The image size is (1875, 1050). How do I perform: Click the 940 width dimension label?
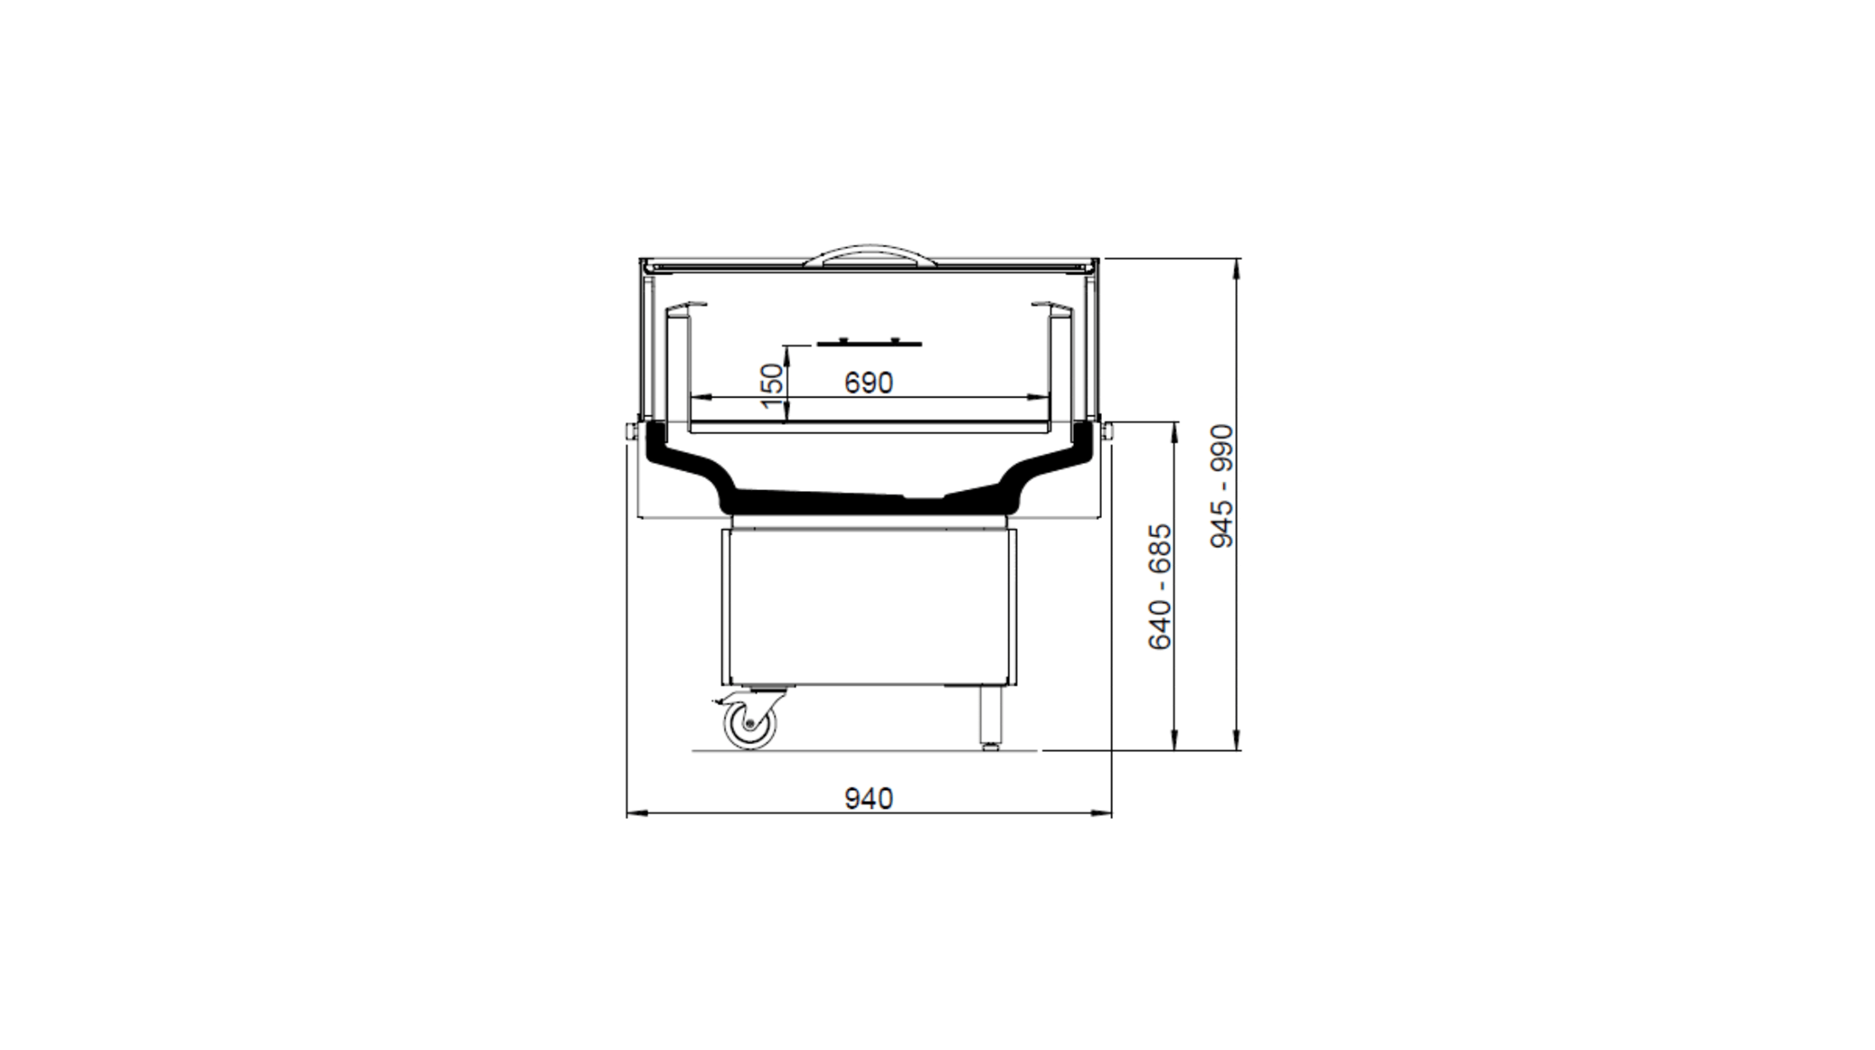[868, 799]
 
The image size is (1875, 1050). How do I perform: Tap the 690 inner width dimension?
[868, 384]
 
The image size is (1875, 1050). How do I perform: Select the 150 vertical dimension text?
[770, 386]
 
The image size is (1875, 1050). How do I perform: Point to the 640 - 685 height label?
[1160, 587]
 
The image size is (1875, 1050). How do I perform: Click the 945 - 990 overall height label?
[1222, 486]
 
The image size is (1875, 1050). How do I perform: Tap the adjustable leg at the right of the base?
[990, 718]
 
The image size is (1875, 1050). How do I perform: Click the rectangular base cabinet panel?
[869, 606]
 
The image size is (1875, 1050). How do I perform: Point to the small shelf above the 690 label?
[868, 343]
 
